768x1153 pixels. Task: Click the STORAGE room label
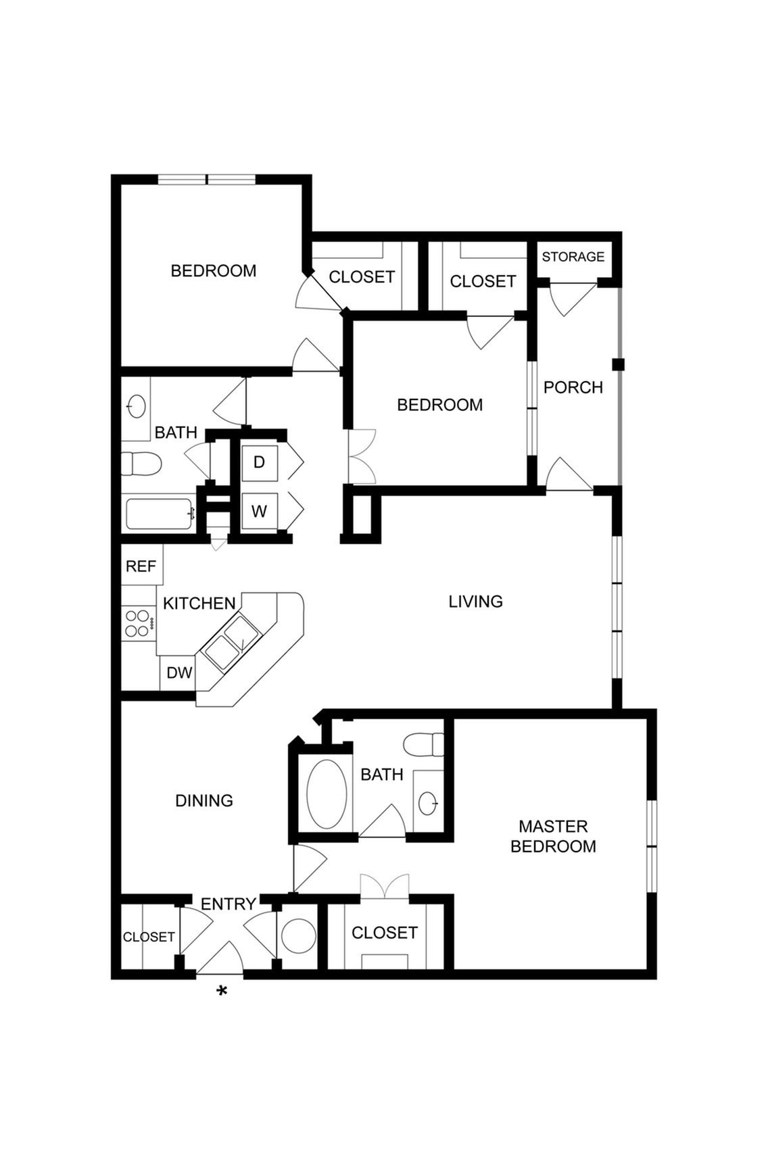point(573,257)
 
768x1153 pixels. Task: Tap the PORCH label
point(573,387)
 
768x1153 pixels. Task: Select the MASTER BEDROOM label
point(553,836)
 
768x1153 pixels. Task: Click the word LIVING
point(475,602)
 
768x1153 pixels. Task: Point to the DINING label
point(203,801)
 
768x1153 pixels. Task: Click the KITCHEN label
point(199,604)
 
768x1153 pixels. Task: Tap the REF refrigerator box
point(141,566)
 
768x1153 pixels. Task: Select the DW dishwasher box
point(179,673)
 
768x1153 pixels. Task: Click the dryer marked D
point(259,463)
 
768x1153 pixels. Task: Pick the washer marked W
point(259,512)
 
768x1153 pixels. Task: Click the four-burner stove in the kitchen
point(137,623)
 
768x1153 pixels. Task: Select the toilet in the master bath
point(423,744)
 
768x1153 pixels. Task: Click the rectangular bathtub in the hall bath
point(160,514)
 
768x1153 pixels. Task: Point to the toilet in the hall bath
point(141,464)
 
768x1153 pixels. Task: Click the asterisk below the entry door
point(221,991)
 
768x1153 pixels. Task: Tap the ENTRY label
point(228,904)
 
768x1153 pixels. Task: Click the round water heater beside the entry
point(298,937)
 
